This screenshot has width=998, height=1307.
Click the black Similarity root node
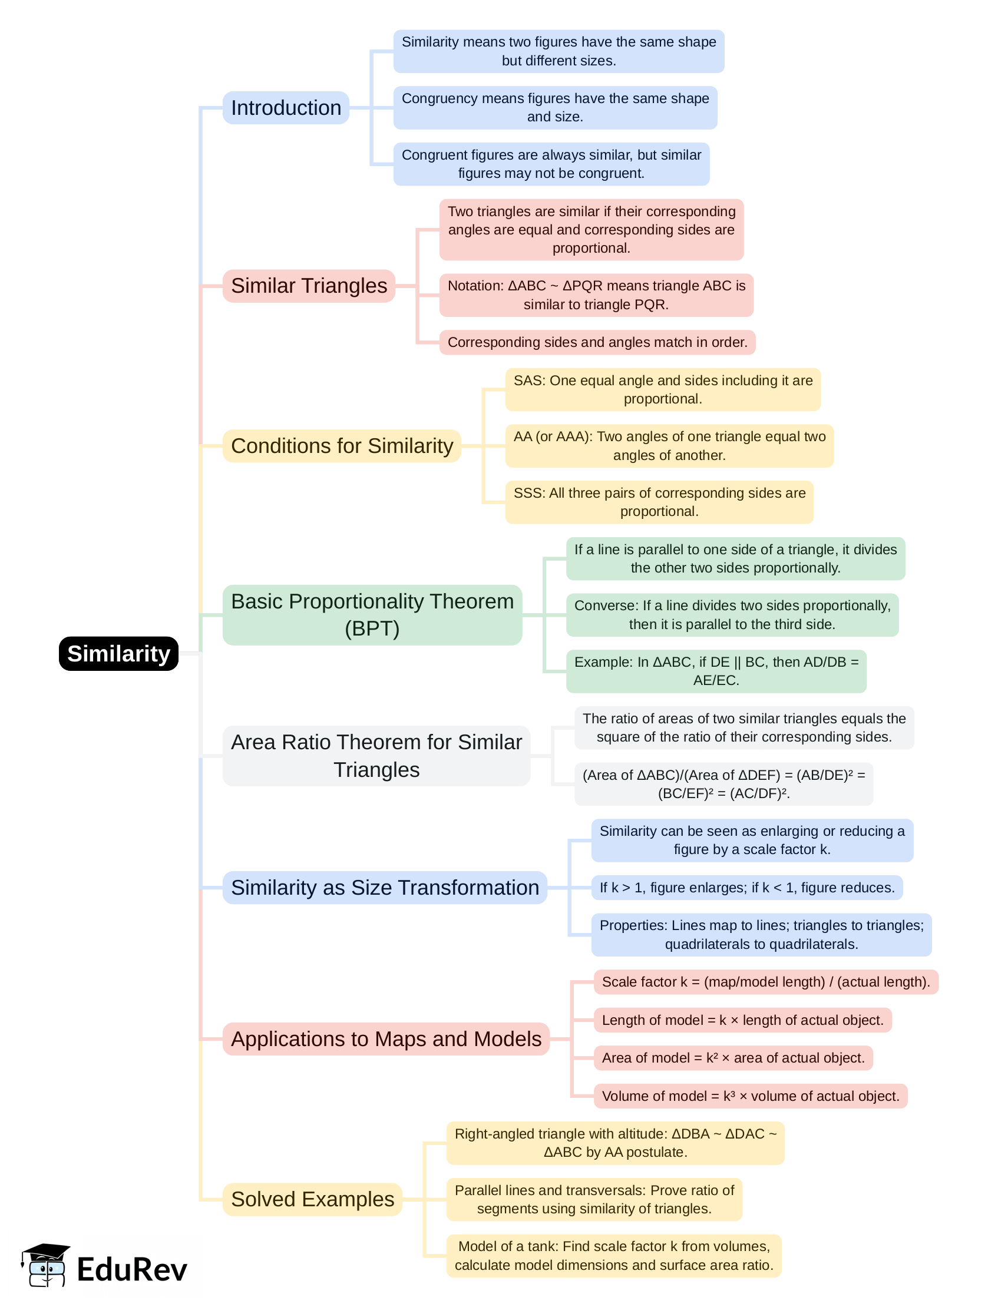119,653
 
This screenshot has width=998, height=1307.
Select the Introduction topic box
286,108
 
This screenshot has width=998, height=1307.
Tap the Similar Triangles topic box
309,286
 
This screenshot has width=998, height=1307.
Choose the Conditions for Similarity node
342,446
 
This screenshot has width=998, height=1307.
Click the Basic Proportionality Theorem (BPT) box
372,614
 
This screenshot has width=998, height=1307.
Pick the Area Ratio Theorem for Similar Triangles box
376,755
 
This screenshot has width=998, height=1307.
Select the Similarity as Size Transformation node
384,887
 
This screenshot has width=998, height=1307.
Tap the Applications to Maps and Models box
386,1038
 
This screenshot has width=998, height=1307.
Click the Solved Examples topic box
312,1199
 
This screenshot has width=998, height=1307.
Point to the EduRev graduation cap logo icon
45,1265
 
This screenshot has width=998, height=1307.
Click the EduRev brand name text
132,1270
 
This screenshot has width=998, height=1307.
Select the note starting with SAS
662,389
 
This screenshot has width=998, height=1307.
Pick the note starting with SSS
659,502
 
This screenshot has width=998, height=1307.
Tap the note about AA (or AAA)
669,446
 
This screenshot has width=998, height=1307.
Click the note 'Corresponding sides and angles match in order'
597,342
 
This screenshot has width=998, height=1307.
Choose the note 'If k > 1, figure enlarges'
746,887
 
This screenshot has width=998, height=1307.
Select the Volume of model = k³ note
751,1096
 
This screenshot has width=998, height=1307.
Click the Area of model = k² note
733,1058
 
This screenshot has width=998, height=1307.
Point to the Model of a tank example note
614,1255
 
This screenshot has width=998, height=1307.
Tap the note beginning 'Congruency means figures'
555,107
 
